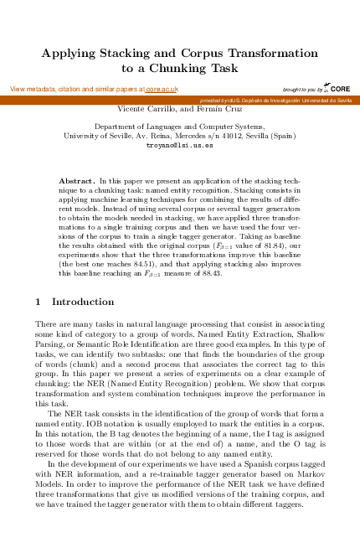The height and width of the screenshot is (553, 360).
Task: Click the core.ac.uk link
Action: point(162,89)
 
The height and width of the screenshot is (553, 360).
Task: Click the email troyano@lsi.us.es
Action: point(180,145)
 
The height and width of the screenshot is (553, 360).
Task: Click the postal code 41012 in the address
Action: point(224,135)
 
